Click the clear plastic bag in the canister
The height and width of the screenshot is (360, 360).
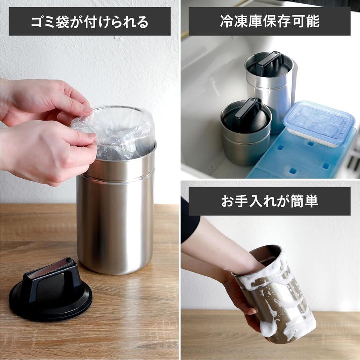pyautogui.click(x=112, y=133)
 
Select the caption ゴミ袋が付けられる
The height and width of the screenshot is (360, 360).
pyautogui.click(x=90, y=21)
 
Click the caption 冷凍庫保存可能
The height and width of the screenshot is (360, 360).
pyautogui.click(x=270, y=21)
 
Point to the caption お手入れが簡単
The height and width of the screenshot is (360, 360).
pyautogui.click(x=270, y=201)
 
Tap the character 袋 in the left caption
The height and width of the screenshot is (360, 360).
pyautogui.click(x=62, y=22)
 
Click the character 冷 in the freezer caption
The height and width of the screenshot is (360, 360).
pyautogui.click(x=227, y=21)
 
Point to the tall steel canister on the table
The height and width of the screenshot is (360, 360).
pyautogui.click(x=116, y=206)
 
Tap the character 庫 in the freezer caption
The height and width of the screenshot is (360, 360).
pyautogui.click(x=255, y=21)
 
